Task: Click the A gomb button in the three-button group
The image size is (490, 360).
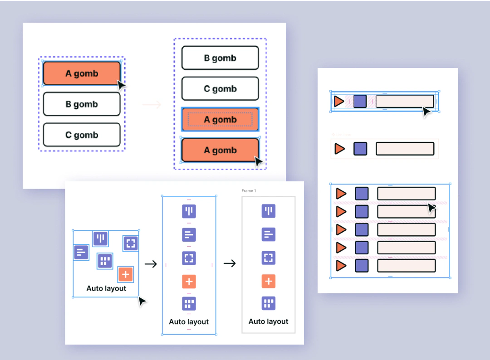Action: (x=82, y=73)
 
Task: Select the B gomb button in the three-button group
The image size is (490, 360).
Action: (x=82, y=104)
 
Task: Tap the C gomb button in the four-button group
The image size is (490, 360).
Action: (x=220, y=89)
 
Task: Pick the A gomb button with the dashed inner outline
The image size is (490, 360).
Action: (x=220, y=120)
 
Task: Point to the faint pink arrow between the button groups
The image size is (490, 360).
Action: (x=152, y=105)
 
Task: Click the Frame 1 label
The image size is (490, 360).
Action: (x=249, y=191)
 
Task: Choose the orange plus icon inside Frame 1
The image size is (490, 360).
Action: (x=269, y=281)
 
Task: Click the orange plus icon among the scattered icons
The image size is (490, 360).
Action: (x=126, y=274)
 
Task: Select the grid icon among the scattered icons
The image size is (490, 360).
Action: (x=105, y=261)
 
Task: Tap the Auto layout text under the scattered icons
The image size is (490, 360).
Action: (x=106, y=288)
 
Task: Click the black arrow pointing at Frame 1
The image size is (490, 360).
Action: (x=230, y=263)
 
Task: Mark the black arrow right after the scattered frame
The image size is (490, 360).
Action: (x=151, y=263)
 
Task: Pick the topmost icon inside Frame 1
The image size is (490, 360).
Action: (x=269, y=211)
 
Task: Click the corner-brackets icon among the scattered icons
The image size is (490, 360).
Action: (x=131, y=243)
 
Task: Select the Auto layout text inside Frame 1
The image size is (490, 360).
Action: (x=269, y=321)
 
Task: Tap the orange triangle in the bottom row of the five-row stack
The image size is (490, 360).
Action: (x=341, y=265)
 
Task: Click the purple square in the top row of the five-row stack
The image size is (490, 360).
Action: (x=362, y=194)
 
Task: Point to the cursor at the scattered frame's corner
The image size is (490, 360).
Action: (x=142, y=301)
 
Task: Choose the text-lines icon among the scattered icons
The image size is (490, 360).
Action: (x=81, y=252)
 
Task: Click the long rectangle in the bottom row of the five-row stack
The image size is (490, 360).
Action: (x=407, y=265)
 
